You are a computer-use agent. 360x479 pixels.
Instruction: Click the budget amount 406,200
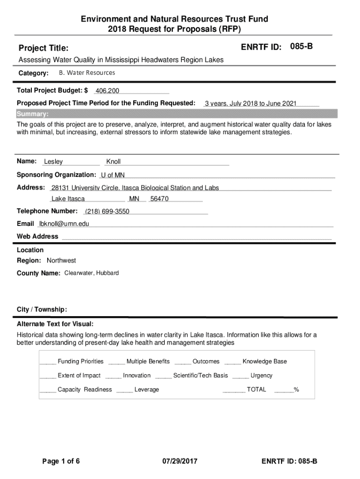(107, 91)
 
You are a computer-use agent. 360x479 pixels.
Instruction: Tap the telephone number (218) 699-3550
(107, 211)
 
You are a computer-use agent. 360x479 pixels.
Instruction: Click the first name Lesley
(53, 162)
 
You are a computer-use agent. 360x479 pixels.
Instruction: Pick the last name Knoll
(113, 162)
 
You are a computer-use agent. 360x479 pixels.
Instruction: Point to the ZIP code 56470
(159, 199)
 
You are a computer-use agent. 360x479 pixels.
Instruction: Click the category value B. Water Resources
(87, 73)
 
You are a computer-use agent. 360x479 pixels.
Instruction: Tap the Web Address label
(38, 236)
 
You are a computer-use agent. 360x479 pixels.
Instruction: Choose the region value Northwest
(61, 261)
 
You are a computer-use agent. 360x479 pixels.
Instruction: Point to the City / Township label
(42, 309)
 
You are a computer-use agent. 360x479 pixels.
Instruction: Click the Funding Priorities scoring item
(80, 361)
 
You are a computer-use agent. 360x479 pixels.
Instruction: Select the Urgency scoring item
(261, 375)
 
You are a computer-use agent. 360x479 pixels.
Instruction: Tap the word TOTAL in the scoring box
(256, 389)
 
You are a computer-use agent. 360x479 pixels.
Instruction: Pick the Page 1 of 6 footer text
(61, 461)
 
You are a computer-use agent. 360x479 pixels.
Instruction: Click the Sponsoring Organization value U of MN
(113, 175)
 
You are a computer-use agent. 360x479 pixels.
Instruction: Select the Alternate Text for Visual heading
(55, 324)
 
